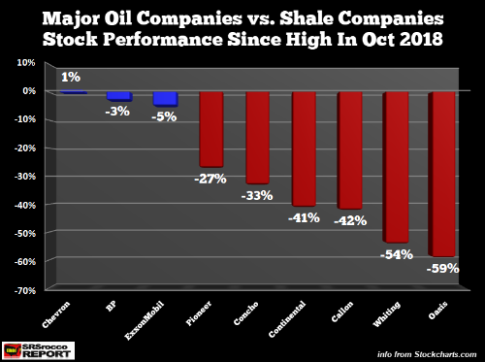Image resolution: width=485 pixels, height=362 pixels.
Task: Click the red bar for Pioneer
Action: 211,129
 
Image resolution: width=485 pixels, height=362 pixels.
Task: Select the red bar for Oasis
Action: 441,175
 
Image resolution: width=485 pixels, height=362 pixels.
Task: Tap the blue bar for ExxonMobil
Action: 165,99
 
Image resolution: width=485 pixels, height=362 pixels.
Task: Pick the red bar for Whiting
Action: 396,167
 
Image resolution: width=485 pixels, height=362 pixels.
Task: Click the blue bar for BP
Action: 119,96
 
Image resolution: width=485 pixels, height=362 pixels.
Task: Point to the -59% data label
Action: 442,269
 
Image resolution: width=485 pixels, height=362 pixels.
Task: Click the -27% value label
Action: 210,179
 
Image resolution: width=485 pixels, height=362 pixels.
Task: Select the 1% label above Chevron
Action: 71,77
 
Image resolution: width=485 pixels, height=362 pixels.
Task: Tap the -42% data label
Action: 350,221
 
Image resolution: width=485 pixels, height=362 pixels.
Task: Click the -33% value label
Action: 257,196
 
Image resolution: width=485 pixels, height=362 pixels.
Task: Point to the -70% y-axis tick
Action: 25,290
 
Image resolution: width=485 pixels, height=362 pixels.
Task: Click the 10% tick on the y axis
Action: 26,62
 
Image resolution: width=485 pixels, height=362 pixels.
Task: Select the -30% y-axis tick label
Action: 25,177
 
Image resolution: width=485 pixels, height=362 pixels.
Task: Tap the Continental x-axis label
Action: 287,319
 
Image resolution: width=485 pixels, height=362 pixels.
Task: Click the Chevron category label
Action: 55,314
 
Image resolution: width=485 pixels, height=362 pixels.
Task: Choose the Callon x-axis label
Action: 342,312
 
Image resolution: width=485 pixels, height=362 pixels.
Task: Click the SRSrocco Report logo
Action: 38,350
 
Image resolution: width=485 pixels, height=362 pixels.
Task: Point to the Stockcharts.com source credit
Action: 427,354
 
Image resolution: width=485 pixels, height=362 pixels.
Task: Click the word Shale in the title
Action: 306,18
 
